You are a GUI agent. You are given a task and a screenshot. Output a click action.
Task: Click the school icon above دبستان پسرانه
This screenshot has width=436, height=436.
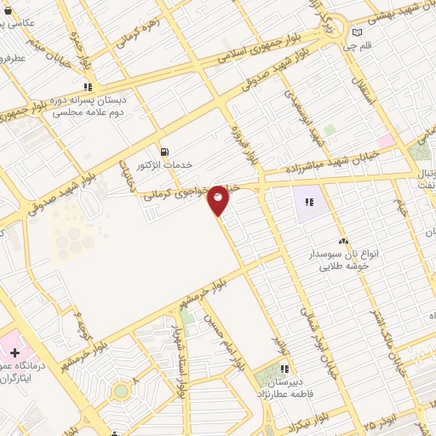click(88, 87)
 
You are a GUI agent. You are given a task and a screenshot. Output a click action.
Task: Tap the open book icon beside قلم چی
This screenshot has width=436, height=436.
click(358, 33)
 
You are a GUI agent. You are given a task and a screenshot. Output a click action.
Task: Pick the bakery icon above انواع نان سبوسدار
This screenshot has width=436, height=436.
click(343, 242)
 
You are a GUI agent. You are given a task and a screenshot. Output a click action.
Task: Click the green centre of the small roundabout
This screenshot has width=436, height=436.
click(121, 391)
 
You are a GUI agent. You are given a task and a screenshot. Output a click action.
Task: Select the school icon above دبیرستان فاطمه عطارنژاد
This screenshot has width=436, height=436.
click(284, 370)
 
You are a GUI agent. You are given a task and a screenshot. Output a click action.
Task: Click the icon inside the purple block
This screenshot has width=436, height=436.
click(308, 202)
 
